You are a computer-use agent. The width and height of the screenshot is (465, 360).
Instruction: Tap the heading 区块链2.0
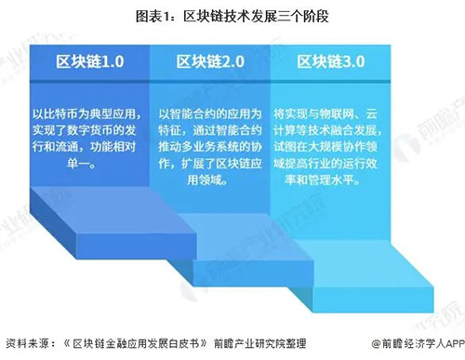[209, 61]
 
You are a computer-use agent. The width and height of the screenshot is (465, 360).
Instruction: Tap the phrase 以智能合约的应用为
[209, 111]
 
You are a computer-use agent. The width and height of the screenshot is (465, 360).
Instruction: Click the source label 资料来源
[28, 342]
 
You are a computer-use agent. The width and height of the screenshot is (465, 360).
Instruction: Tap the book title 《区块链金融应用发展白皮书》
[121, 342]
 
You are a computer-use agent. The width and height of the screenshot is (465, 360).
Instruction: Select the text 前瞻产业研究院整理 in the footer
[244, 342]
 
